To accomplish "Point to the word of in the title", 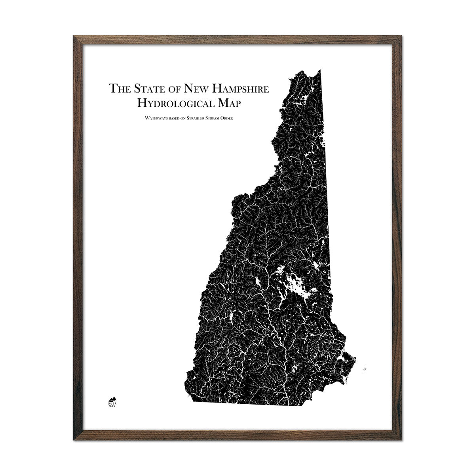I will (x=179, y=88).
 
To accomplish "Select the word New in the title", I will (x=200, y=88).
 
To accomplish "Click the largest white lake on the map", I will (x=295, y=283).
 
